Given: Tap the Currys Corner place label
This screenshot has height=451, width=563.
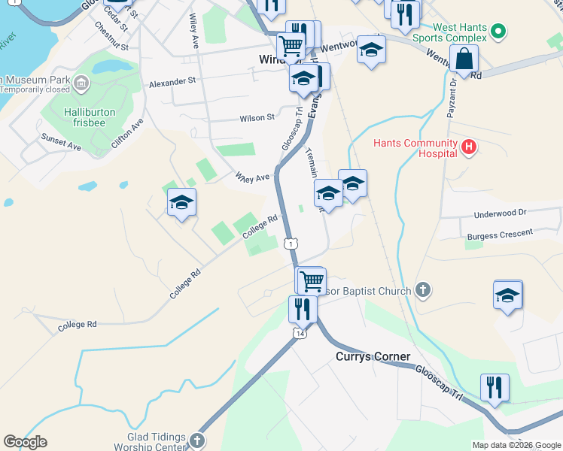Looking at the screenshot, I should tap(373, 356).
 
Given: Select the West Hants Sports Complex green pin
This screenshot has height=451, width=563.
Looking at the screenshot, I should tap(497, 32).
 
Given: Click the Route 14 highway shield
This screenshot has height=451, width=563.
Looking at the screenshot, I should tap(300, 333).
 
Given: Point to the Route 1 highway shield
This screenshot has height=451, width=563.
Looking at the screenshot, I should tap(291, 243).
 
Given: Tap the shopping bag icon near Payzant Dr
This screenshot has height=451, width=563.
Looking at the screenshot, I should tap(465, 59).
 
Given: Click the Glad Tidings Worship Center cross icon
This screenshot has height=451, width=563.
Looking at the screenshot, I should tap(196, 440).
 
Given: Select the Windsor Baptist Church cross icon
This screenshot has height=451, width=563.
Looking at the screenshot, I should tap(423, 290).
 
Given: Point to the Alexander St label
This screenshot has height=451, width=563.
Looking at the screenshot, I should tap(172, 80).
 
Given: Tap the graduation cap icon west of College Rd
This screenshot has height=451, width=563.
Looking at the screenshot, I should tap(181, 203).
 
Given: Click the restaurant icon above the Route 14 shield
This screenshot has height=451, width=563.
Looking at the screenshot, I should tap(303, 308).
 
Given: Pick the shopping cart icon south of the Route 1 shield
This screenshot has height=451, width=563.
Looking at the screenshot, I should tap(312, 281).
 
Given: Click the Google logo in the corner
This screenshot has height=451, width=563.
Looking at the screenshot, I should tap(25, 442).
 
